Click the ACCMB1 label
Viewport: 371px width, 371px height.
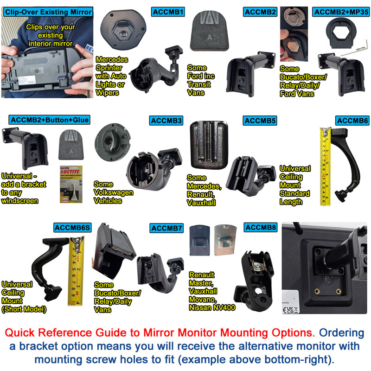pyautogui.click(x=169, y=12)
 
